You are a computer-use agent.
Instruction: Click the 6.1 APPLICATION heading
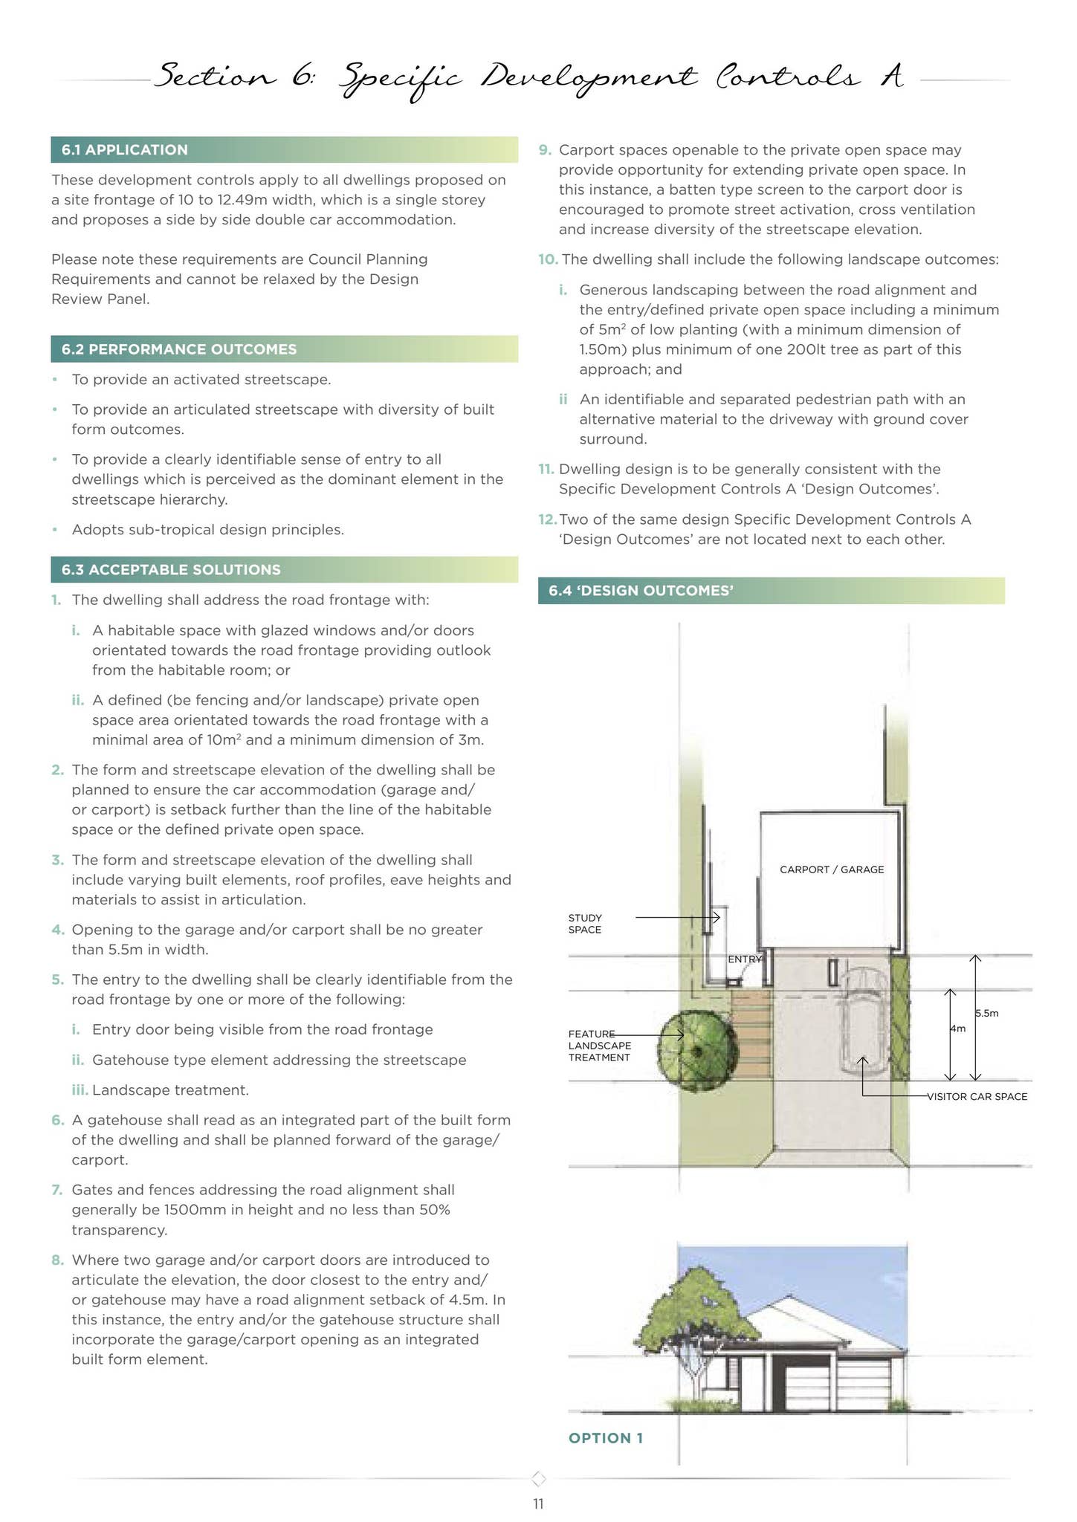pos(125,150)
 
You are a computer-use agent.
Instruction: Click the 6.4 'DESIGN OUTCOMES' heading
pos(641,591)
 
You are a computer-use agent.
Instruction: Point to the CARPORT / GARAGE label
pos(831,870)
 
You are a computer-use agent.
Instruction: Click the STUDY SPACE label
pos(585,924)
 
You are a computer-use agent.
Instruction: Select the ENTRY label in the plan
pos(744,959)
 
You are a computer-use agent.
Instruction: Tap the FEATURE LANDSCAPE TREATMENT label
pos(599,1046)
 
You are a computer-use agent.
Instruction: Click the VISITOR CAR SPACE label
pos(977,1096)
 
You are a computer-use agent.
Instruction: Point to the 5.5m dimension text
pos(987,1013)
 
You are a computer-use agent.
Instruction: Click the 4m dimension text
pos(957,1029)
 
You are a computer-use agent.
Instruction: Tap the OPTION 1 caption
pos(605,1437)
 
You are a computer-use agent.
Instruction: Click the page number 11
pos(538,1504)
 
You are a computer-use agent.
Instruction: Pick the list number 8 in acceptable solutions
pos(56,1260)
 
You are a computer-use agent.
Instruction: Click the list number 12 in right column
pos(547,519)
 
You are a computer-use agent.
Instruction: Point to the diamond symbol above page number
pos(540,1477)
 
